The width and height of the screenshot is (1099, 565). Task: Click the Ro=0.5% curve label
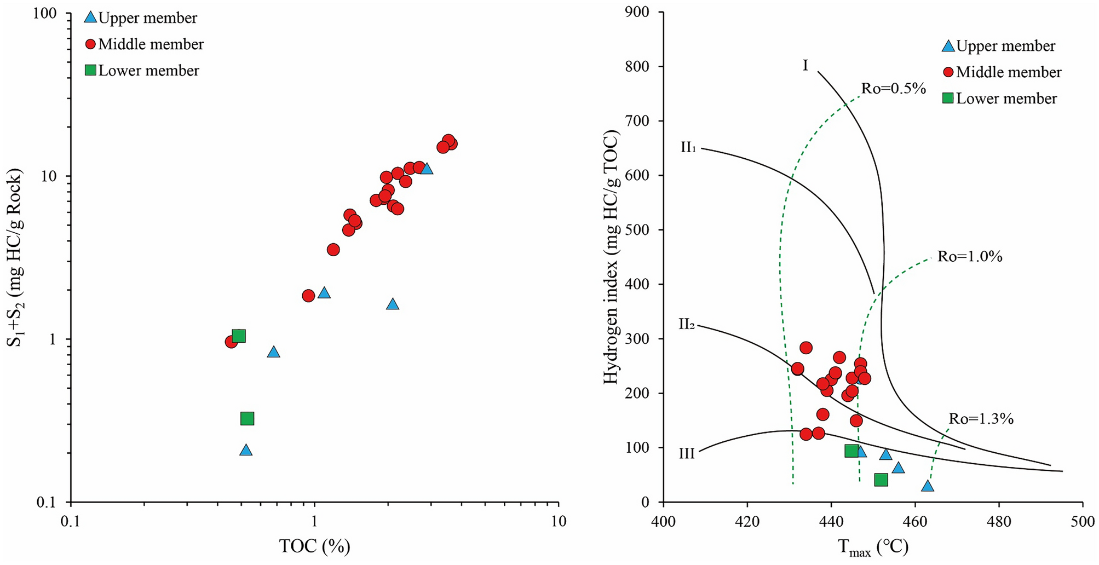[893, 88]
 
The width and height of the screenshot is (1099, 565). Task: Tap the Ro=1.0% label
[969, 256]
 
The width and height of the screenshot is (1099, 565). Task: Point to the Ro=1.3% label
[981, 419]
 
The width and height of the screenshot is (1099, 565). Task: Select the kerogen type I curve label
[805, 66]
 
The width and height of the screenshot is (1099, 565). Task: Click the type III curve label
[687, 454]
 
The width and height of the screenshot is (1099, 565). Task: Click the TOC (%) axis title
[314, 546]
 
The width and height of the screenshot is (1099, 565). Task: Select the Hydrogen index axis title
[611, 257]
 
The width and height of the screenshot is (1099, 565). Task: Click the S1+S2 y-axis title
[15, 257]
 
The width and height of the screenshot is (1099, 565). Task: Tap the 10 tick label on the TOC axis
[558, 520]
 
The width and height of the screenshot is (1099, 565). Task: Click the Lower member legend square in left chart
[90, 70]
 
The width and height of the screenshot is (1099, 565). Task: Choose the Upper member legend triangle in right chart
[948, 46]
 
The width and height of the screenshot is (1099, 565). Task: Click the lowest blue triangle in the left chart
[246, 450]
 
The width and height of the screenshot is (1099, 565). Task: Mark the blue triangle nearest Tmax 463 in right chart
[927, 486]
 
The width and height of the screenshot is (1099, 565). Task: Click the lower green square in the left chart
[247, 419]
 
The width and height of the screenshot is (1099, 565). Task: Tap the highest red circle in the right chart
[805, 348]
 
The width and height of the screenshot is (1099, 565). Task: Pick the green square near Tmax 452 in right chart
[881, 480]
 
